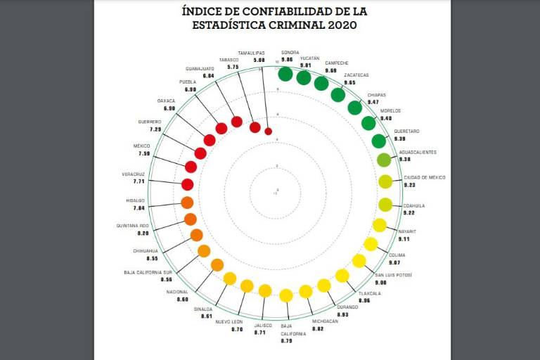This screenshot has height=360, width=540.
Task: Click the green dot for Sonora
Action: [x=285, y=73]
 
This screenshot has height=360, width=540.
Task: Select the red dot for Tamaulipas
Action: [x=268, y=131]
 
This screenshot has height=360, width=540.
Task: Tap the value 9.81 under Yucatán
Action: [x=305, y=65]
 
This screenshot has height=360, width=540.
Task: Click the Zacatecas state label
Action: [x=356, y=75]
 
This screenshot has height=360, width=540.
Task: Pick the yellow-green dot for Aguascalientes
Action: [x=383, y=160]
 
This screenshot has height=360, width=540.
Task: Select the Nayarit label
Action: [x=407, y=231]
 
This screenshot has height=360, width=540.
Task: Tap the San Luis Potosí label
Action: [x=393, y=274]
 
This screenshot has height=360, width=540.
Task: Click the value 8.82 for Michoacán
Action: [x=319, y=328]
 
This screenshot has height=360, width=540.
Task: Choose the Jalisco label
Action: [x=263, y=326]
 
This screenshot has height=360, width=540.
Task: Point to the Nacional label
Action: [x=177, y=292]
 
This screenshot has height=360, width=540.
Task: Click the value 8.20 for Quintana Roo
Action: [x=143, y=233]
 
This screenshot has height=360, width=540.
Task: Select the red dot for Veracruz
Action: [x=187, y=185]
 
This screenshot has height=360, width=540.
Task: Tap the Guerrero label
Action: [x=149, y=122]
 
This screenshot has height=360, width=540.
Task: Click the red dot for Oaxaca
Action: [x=210, y=140]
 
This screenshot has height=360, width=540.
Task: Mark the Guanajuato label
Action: [x=200, y=68]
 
